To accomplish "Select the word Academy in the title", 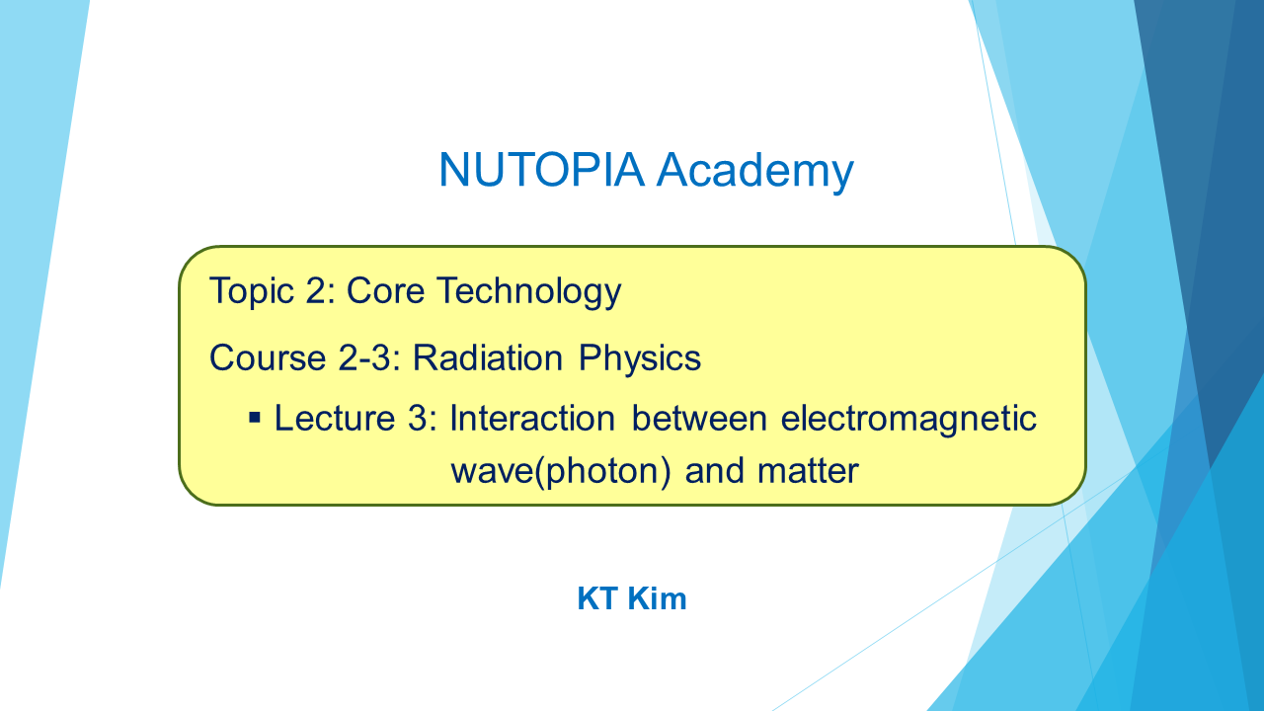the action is pos(755,172).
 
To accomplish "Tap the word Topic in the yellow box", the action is pos(252,292).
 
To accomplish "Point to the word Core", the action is pos(385,291).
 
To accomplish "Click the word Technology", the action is pos(529,292).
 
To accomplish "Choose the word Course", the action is pos(268,357).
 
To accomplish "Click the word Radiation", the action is pos(488,357).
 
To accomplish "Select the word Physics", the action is pos(640,358).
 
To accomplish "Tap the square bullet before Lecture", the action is pos(255,418).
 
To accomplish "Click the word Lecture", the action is pos(335,418).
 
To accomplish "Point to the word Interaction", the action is pos(532,418).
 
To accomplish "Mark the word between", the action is pos(699,418).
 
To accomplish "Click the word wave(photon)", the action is pos(561,471).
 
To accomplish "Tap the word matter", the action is pos(808,471).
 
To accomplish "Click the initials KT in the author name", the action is pos(597,598).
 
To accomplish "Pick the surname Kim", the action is pos(657,598).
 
